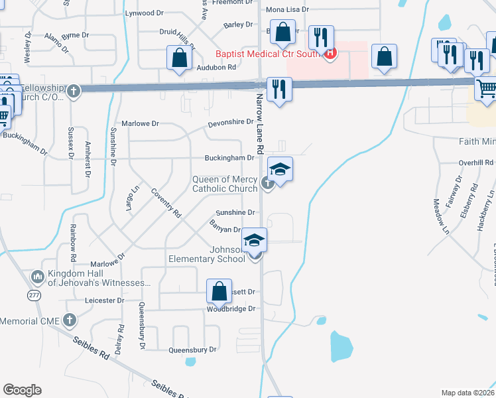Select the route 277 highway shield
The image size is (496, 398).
tap(34, 294)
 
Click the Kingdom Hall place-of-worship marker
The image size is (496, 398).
tap(37, 275)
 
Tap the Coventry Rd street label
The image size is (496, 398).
tap(166, 203)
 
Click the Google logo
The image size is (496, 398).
tap(23, 390)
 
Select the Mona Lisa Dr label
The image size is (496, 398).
tap(288, 10)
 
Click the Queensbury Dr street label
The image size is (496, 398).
tap(192, 350)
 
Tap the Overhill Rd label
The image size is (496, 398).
tap(476, 163)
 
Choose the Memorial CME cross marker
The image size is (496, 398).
tap(70, 321)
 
